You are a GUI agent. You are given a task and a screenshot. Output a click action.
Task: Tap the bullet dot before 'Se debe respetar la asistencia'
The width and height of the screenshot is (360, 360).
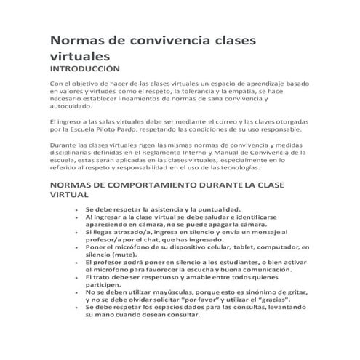[76, 209]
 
